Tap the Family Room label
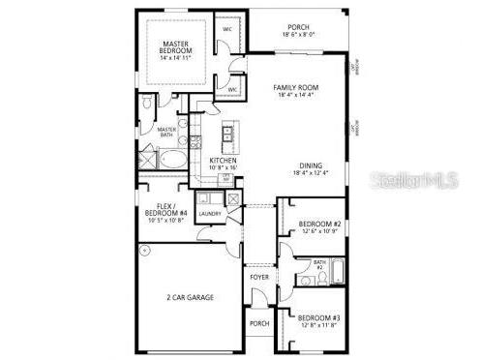click(x=297, y=87)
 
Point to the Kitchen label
click(x=224, y=161)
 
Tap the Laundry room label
click(x=210, y=213)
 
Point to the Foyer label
click(x=259, y=277)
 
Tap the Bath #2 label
click(x=318, y=264)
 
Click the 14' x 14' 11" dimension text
click(x=175, y=58)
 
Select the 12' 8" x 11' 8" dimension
click(x=316, y=326)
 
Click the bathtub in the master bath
click(x=173, y=159)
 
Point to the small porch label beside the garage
click(x=259, y=323)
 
